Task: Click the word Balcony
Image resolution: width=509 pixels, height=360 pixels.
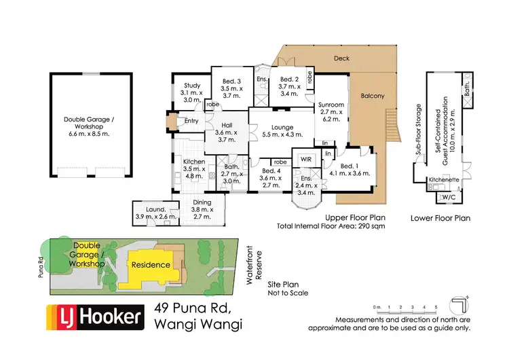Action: click(372, 96)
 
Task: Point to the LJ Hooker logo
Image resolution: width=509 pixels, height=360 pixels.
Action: click(95, 316)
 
